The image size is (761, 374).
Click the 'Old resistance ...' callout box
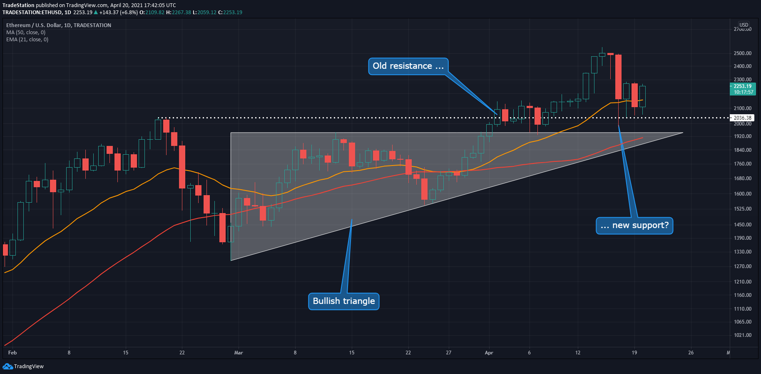[408, 66]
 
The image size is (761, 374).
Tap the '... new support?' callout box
[634, 226]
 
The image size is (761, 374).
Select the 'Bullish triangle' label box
[343, 301]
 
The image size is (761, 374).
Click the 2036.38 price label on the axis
[742, 118]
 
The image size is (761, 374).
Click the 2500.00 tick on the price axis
[742, 53]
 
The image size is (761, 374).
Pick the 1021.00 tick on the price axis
[742, 335]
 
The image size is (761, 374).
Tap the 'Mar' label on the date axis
[239, 353]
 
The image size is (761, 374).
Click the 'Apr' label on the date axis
[489, 353]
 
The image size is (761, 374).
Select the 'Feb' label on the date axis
[12, 353]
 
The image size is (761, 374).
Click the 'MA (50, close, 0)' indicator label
[26, 33]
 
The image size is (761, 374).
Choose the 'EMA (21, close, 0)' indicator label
[27, 40]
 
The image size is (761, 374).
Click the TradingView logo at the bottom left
[23, 366]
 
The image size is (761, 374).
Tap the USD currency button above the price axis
[744, 25]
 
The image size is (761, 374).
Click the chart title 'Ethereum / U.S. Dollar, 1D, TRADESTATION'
[59, 25]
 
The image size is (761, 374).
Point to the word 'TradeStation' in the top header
[18, 5]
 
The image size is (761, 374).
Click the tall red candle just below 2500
[618, 77]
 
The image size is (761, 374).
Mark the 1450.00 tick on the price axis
[742, 225]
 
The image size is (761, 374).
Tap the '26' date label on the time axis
[691, 353]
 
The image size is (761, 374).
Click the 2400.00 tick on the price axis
[742, 66]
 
